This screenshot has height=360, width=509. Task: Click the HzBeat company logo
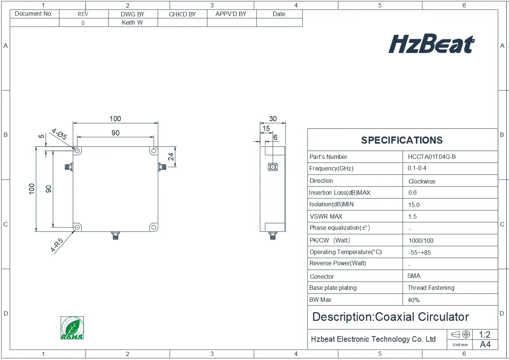[x=431, y=44]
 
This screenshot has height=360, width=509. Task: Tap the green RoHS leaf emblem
[x=72, y=328]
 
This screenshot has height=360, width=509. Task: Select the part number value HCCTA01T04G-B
[x=431, y=157]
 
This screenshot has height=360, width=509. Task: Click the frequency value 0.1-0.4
[x=417, y=168]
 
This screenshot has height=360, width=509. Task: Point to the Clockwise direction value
[x=422, y=181]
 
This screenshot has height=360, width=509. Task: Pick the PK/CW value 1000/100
[x=421, y=241]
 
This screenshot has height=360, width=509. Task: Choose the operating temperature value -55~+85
[x=419, y=253]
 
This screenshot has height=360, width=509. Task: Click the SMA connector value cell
[x=414, y=276]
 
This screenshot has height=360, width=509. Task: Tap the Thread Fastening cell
[x=431, y=288]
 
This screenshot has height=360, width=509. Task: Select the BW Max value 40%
[x=413, y=300]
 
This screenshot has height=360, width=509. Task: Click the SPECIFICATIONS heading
[x=402, y=140]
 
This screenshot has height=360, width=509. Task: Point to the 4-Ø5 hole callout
[x=59, y=134]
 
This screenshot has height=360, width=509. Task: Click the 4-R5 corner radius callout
[x=57, y=245]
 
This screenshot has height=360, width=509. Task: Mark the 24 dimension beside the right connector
[x=171, y=157]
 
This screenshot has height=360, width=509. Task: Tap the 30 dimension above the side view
[x=273, y=119]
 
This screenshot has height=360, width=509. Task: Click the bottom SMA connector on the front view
[x=116, y=236]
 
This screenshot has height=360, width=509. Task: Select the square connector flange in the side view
[x=273, y=167]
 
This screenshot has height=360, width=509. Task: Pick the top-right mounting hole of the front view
[x=153, y=151]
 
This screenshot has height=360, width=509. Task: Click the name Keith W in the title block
[x=132, y=22]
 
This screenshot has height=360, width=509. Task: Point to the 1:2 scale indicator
[x=484, y=334]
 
